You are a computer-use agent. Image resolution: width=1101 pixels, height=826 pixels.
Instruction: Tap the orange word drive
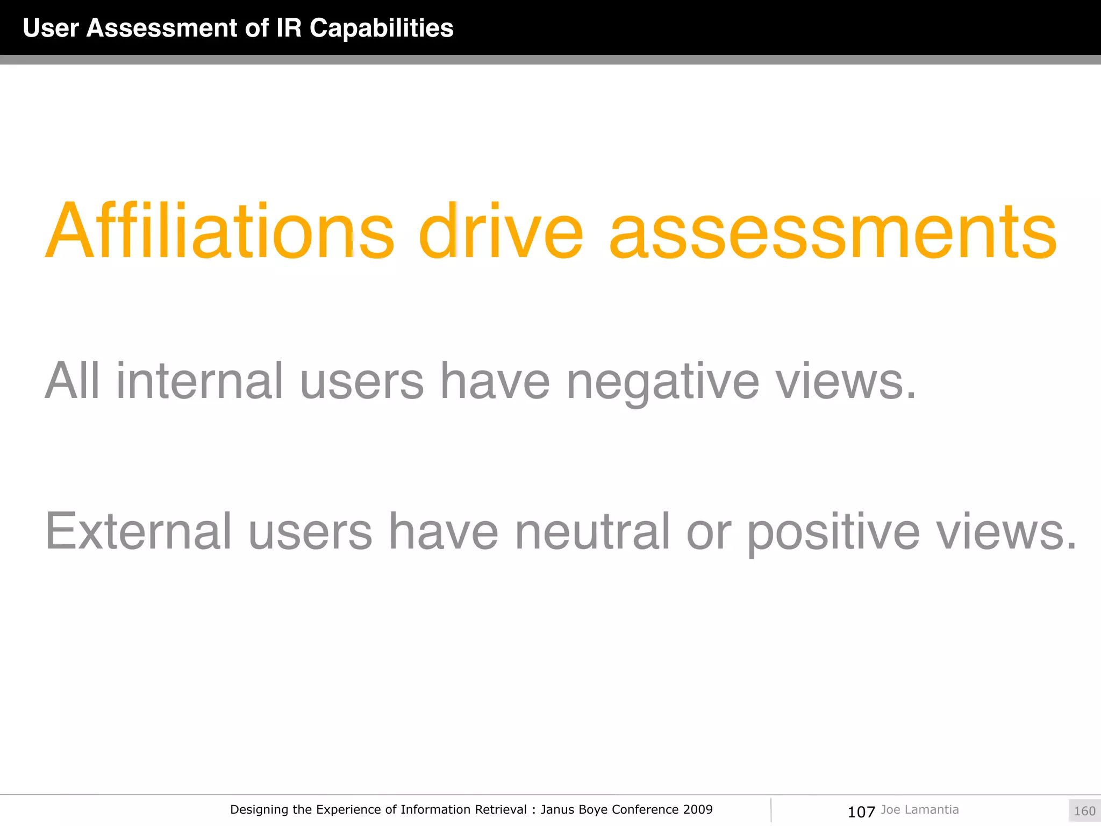[501, 231]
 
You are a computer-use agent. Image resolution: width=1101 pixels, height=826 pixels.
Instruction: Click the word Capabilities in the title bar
[381, 28]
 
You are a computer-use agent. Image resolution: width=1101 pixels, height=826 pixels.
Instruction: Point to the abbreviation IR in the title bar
[289, 28]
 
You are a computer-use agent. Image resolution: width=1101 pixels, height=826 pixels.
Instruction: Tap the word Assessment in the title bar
[161, 28]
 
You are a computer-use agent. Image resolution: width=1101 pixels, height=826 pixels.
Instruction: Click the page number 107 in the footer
[861, 811]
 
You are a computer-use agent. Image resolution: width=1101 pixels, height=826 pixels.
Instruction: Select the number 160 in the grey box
[1084, 811]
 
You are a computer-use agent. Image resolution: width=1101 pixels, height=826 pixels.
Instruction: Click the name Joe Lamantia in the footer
[920, 809]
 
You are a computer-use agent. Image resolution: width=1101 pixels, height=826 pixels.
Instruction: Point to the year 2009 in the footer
[698, 809]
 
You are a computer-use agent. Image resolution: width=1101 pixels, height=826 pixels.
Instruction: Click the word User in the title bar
[51, 28]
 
